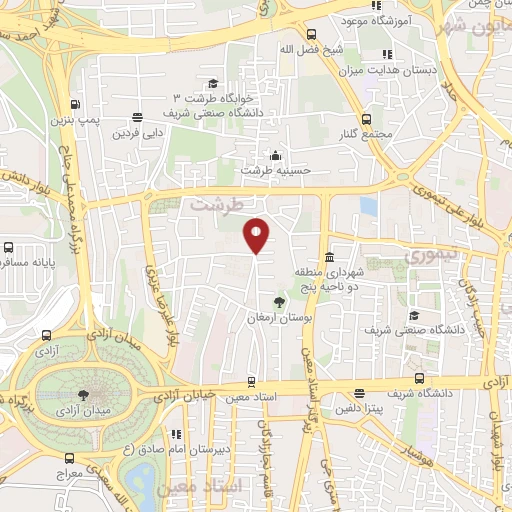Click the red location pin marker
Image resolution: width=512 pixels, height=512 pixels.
[257, 234]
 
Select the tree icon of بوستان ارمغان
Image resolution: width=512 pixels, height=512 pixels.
[279, 302]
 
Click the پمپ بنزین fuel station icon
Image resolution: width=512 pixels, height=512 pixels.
[76, 104]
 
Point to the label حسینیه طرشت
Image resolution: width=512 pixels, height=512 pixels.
[277, 170]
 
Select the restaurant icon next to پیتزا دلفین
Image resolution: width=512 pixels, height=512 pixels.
[359, 393]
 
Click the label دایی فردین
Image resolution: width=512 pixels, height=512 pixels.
[137, 133]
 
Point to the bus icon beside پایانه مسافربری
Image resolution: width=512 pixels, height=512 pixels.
[8, 247]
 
